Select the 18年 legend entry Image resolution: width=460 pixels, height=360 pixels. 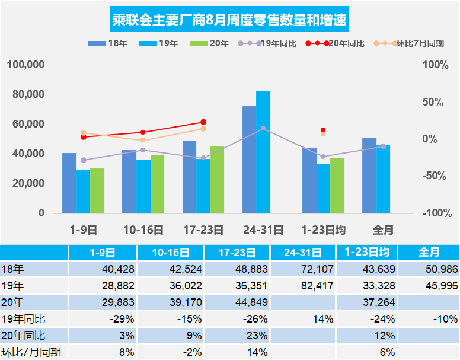coord(107,44)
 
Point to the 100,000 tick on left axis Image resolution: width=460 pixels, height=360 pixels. coord(26,65)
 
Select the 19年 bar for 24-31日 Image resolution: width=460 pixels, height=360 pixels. coord(263,152)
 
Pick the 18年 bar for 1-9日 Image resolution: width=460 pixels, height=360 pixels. coord(69,183)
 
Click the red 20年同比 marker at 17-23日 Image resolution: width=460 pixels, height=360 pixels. coord(203,122)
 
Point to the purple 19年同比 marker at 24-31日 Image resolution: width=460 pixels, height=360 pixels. coord(263,128)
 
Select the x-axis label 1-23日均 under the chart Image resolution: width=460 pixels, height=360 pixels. coord(324,230)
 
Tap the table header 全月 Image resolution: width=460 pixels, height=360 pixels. coord(429,252)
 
